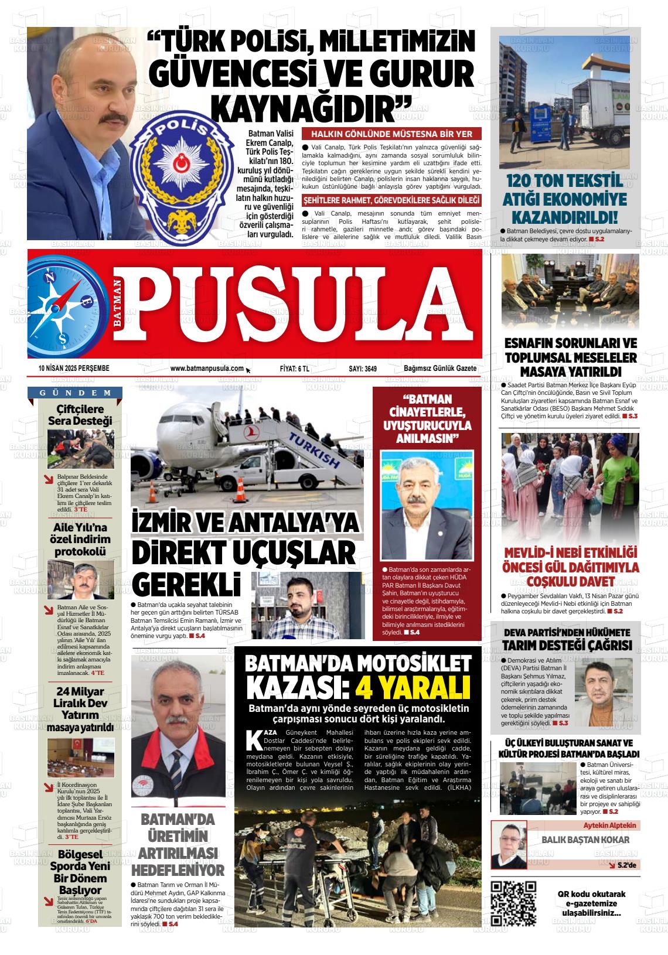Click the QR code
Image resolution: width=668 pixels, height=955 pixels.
click(513, 903)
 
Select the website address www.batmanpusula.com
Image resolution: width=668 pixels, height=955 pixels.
click(207, 369)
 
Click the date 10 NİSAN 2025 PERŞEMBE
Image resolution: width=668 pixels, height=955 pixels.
click(74, 369)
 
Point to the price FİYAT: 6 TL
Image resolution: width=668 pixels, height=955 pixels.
click(295, 369)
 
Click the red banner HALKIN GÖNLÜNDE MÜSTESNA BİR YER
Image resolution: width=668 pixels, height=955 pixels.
click(391, 134)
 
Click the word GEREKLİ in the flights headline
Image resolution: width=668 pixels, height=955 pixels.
click(186, 583)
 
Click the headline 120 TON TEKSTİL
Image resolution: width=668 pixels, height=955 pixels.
click(564, 181)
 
